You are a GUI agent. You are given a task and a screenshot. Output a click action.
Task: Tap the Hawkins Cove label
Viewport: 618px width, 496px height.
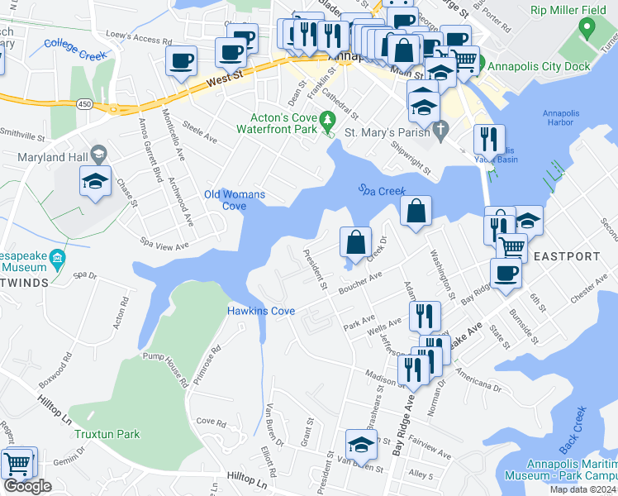point(261,311)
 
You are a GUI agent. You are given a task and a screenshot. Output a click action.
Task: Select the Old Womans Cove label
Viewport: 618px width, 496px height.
point(235,200)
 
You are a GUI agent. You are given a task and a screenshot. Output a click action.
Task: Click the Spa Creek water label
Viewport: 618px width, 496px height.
point(382,190)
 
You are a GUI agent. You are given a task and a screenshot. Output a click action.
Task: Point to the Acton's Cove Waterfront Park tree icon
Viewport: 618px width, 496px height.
point(328,123)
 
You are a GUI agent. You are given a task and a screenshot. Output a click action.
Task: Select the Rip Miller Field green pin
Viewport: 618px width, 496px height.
point(587,29)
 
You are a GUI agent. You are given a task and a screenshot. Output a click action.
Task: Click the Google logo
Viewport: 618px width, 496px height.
point(27,486)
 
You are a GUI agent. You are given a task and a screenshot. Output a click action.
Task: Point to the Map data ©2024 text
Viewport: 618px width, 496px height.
point(582,489)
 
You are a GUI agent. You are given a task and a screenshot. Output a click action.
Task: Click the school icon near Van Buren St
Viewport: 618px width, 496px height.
point(361,445)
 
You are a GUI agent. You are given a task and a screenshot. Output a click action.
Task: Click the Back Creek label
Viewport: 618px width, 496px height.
point(572,429)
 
